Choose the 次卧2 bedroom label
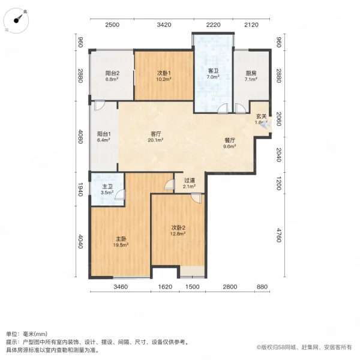(178, 227)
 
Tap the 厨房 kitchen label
(251, 73)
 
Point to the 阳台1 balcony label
(103, 135)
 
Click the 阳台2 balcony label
(113, 73)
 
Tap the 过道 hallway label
(190, 180)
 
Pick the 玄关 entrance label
(262, 116)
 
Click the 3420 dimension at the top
(164, 25)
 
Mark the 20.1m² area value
(157, 141)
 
